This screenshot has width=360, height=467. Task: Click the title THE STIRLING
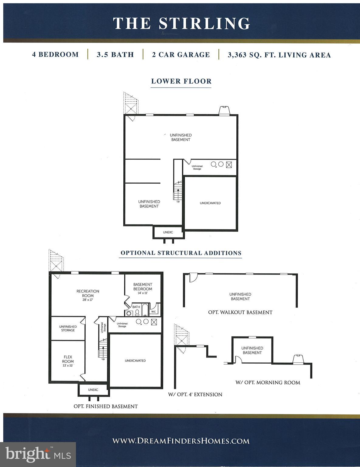click(x=181, y=23)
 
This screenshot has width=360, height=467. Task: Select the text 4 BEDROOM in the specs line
click(x=55, y=55)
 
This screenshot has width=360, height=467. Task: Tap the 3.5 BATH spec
click(x=115, y=55)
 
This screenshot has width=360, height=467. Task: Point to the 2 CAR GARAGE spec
click(x=181, y=55)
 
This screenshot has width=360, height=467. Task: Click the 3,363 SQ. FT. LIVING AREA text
click(x=279, y=55)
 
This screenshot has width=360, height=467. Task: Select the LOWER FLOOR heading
click(x=181, y=81)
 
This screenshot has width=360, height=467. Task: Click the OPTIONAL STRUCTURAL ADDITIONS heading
click(x=181, y=253)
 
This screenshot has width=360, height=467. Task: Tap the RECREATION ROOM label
click(x=88, y=293)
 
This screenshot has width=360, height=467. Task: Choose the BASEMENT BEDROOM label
click(x=142, y=287)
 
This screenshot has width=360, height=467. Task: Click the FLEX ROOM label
click(x=68, y=359)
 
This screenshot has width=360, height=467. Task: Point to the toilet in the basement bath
click(x=137, y=313)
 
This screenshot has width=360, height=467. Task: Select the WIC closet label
click(x=153, y=312)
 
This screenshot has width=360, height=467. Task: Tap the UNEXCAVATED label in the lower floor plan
click(x=210, y=203)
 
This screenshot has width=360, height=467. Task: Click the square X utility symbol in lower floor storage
click(x=229, y=164)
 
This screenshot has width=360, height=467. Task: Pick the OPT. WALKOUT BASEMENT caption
click(x=240, y=312)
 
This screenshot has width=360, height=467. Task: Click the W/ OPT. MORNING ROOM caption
click(x=268, y=382)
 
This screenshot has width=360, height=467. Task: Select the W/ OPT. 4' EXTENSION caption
click(x=195, y=394)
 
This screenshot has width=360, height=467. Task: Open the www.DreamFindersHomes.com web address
click(x=181, y=441)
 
